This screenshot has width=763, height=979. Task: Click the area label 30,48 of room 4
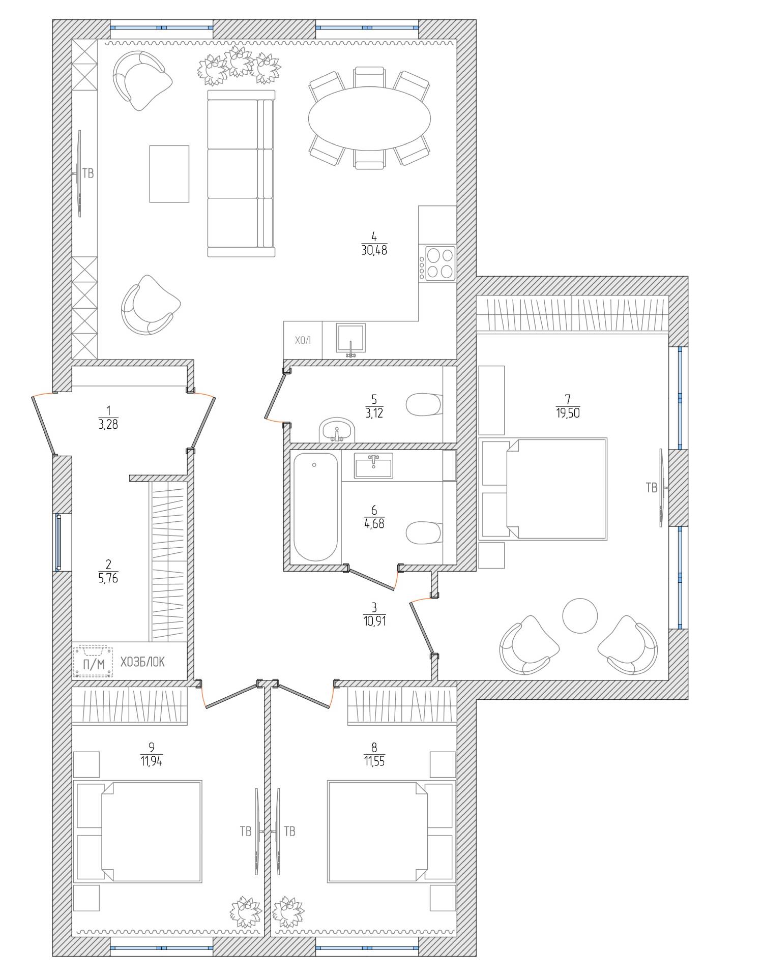(374, 250)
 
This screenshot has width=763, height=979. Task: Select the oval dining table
(369, 118)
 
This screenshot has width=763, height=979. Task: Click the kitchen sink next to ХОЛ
(350, 339)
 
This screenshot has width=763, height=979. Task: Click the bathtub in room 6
(315, 507)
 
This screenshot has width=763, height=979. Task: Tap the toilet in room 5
(424, 405)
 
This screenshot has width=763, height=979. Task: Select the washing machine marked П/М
(93, 661)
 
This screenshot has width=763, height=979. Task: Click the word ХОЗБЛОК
(142, 662)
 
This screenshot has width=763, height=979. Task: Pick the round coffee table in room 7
(580, 615)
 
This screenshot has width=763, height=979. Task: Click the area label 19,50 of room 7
(568, 413)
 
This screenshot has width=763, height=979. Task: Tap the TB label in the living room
(88, 173)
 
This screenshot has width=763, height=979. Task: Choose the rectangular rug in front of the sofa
(169, 174)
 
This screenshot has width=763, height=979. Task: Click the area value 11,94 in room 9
(152, 761)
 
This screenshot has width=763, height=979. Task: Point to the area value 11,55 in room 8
(374, 761)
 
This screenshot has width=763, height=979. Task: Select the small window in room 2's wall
(58, 542)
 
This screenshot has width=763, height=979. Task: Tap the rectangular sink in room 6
(374, 465)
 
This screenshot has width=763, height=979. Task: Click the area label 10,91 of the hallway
(374, 620)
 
